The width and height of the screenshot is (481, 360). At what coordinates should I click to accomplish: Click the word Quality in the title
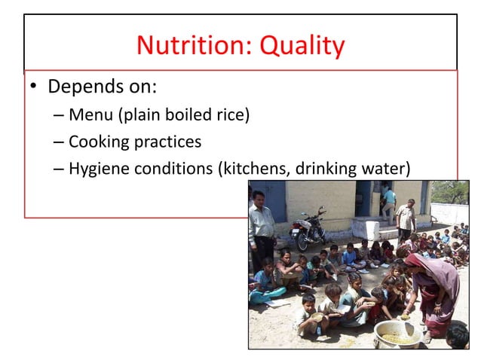(302, 47)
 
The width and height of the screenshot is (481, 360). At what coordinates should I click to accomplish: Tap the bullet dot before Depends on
(33, 88)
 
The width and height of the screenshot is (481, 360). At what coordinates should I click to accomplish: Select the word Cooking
(97, 142)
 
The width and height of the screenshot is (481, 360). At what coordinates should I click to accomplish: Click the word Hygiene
(97, 168)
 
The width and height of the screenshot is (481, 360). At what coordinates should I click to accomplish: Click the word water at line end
(389, 168)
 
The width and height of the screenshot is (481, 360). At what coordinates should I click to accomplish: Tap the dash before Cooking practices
(60, 142)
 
